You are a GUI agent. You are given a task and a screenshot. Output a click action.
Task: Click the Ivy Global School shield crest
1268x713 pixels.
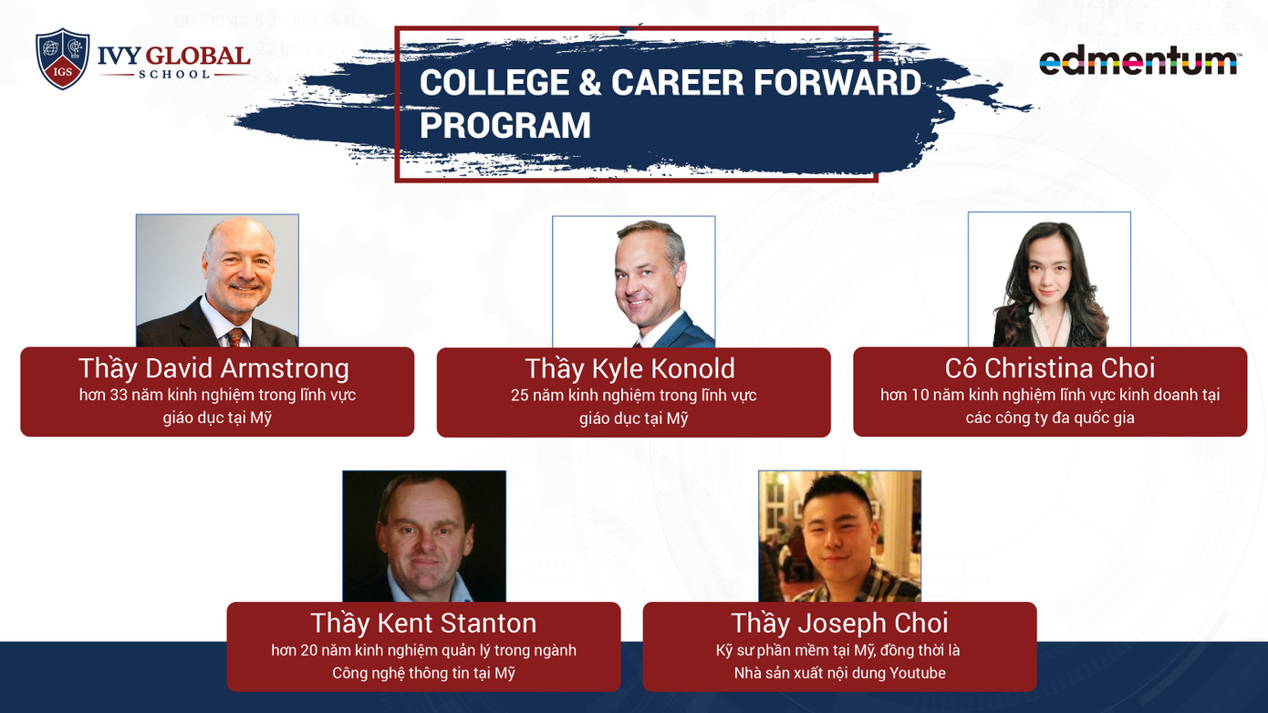[62, 59]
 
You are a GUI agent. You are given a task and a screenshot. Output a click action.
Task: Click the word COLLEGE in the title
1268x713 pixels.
[494, 83]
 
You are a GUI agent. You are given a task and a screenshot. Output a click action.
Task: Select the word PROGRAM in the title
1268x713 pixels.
[505, 125]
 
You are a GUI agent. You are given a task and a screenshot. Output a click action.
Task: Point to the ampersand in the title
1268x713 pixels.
[590, 83]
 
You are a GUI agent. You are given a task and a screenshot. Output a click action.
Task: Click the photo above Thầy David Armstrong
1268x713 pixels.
[217, 281]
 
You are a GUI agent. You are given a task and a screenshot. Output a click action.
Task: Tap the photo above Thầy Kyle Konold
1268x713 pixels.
[633, 282]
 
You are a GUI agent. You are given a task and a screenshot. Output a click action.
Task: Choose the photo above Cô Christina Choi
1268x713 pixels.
[1049, 280]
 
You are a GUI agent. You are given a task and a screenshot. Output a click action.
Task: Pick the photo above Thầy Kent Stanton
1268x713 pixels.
[424, 536]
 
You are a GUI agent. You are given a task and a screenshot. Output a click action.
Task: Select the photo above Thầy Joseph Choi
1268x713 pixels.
[839, 536]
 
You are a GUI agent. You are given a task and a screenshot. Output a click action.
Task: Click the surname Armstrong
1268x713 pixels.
[285, 369]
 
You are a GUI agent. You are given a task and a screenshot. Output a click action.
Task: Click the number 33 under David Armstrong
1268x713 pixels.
[119, 395]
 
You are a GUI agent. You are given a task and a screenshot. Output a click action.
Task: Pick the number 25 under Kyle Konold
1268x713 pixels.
[519, 395]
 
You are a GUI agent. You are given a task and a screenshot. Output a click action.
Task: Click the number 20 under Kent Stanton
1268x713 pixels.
[309, 650]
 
